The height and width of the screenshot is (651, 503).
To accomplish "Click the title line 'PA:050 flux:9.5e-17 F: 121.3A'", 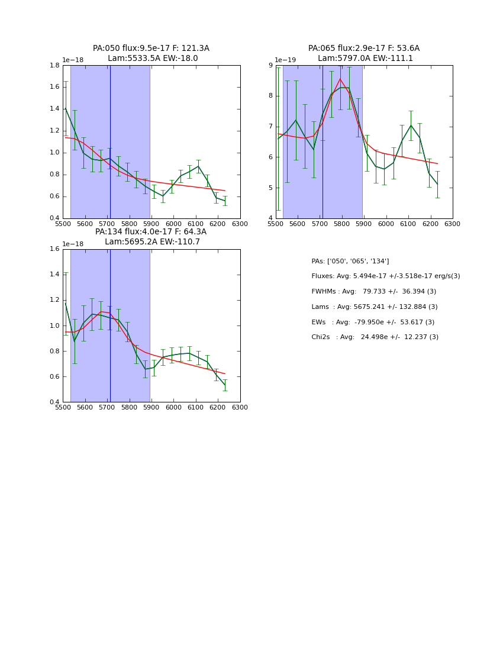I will click(151, 49).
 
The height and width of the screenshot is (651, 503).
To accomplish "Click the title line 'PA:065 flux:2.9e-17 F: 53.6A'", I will click(363, 49).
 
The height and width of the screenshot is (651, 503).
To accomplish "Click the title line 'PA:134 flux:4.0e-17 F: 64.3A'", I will click(151, 232).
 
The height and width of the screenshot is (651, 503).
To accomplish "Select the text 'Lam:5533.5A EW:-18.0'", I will click(153, 59).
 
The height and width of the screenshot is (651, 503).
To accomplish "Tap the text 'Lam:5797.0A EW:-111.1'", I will click(365, 59).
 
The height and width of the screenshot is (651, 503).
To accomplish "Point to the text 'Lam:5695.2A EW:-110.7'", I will click(152, 242).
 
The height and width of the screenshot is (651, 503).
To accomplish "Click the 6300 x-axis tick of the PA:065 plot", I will click(452, 224).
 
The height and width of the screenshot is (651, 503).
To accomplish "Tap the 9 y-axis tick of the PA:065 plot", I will click(269, 66).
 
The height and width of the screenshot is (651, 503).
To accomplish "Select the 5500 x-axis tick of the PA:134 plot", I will click(63, 408).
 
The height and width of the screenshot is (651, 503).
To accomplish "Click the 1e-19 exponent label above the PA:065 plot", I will click(286, 60).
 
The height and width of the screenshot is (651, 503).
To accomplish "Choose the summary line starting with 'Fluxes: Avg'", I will click(385, 276).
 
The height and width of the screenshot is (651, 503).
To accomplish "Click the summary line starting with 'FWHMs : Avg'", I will click(373, 292).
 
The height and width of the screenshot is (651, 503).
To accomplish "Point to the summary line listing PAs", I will click(350, 261).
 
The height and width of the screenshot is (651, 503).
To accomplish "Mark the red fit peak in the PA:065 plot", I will click(340, 79).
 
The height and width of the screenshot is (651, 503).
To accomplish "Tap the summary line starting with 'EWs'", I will click(373, 322).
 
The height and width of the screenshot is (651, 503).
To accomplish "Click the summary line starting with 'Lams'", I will click(374, 307).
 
